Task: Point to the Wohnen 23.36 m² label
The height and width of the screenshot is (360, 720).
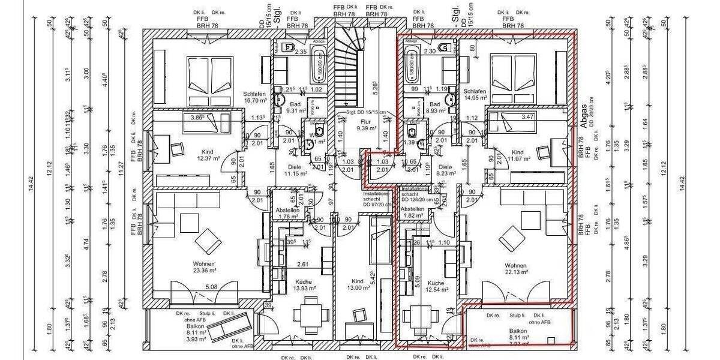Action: [x=204, y=267]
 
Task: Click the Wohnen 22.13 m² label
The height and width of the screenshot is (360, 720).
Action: [x=515, y=268]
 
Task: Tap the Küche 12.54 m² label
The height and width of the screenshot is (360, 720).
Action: [x=436, y=286]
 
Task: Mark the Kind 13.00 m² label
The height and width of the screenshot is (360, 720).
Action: [x=358, y=284]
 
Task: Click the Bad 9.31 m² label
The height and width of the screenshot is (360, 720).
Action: [x=280, y=107]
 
